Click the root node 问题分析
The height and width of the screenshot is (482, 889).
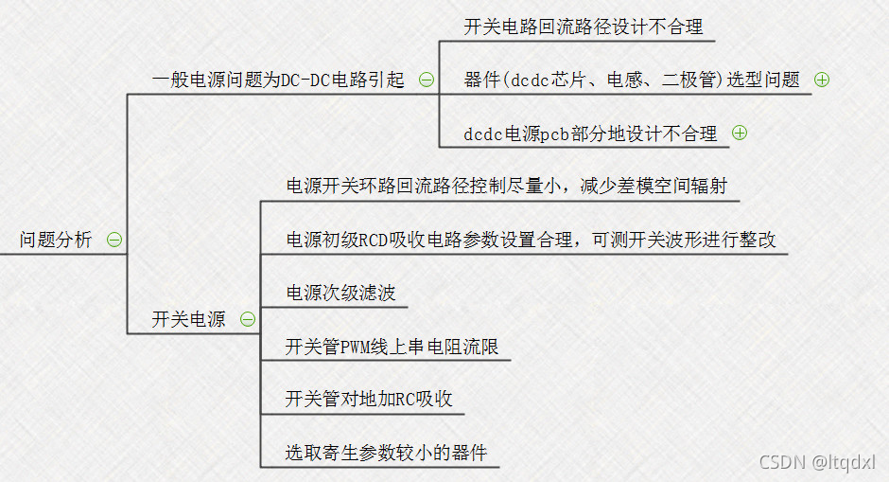pos(56,240)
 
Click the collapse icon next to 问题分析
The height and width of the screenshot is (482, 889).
pos(114,240)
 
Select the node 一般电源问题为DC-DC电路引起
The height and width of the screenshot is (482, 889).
pos(278,80)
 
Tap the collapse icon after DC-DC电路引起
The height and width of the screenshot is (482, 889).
pos(427,80)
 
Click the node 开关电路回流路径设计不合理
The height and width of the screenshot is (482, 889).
pos(584,27)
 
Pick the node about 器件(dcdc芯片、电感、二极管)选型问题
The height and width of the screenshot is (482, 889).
pos(632,80)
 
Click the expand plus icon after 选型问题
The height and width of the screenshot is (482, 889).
pos(821,80)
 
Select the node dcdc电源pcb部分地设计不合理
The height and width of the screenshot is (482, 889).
pos(590,134)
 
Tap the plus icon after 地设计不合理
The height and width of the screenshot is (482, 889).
pos(740,134)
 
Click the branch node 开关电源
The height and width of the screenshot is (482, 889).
pos(188,319)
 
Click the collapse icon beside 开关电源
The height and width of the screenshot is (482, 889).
pos(247,319)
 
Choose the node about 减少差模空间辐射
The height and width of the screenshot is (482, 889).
pos(506,186)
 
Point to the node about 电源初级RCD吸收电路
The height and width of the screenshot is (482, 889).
pos(531,240)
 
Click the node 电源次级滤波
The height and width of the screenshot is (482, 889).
pos(340,293)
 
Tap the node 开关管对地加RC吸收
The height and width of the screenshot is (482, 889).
pos(369,400)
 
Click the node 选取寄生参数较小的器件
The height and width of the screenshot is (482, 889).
pos(386,453)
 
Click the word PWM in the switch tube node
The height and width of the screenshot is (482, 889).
pos(359,347)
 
